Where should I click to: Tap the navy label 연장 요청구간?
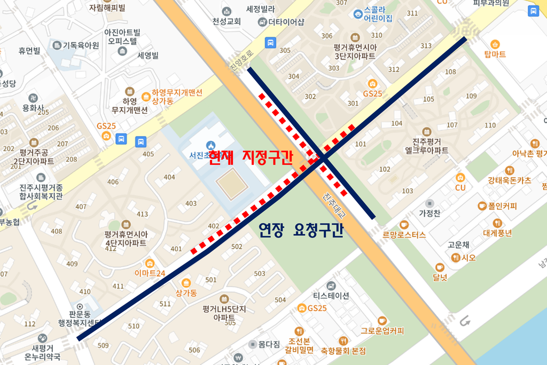click(x=300, y=231)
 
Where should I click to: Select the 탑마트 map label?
click(x=495, y=54)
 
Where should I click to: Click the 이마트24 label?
click(x=150, y=274)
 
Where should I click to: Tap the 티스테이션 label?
click(x=331, y=296)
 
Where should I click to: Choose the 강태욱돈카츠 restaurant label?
click(x=509, y=180)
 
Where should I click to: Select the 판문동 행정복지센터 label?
click(x=80, y=319)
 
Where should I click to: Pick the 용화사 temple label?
click(x=33, y=108)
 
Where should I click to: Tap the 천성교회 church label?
click(x=226, y=22)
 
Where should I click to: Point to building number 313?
click(x=426, y=46)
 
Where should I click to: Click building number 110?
click(x=490, y=125)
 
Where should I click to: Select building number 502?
click(x=237, y=247)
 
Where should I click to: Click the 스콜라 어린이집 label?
click(x=377, y=14)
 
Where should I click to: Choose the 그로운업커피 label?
click(x=382, y=330)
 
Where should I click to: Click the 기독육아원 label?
click(x=81, y=45)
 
